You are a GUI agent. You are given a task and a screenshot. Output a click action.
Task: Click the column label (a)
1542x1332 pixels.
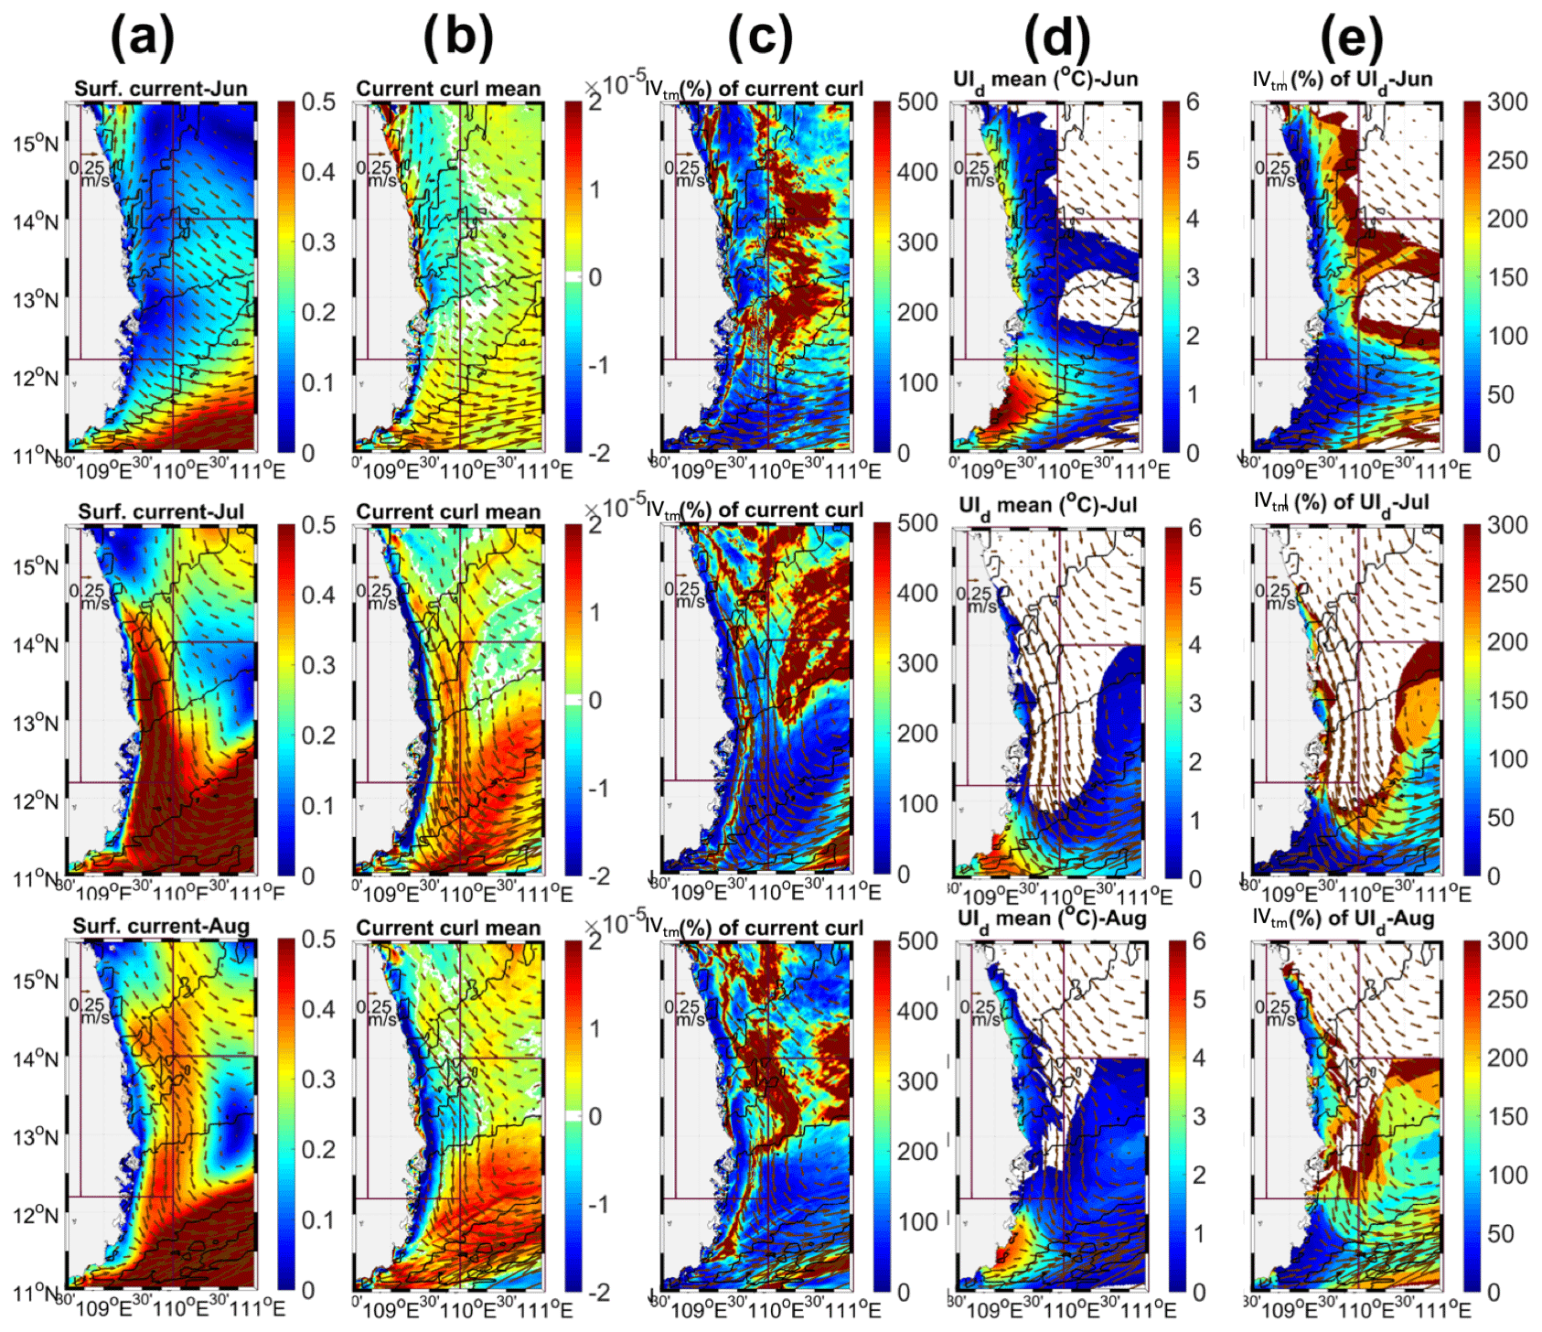[x=142, y=38]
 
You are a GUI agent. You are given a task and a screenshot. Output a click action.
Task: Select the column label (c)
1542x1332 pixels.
[x=759, y=38]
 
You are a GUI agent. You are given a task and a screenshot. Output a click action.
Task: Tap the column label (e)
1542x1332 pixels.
[x=1351, y=38]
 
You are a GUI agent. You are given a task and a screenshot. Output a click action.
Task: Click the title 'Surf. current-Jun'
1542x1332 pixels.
[x=160, y=89]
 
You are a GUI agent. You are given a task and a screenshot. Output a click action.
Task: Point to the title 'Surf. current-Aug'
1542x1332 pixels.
[x=161, y=926]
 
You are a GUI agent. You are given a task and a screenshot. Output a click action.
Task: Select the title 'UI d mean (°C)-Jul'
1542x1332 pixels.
[x=1047, y=505]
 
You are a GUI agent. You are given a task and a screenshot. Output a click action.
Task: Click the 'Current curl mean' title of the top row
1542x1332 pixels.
[x=448, y=89]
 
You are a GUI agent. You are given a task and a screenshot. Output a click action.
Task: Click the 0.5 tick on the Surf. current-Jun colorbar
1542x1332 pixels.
[x=318, y=102]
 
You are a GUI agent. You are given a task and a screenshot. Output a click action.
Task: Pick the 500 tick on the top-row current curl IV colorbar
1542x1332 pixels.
[x=916, y=102]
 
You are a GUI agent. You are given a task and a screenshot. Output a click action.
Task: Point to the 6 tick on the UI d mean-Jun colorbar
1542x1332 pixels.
[x=1193, y=102]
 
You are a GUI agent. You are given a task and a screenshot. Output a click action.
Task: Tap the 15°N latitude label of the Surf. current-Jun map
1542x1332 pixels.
[x=35, y=144]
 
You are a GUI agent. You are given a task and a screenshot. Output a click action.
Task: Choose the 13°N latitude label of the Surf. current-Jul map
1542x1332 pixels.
[x=35, y=724]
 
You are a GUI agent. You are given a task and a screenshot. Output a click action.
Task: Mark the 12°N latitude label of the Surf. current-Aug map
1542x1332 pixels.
[x=35, y=1216]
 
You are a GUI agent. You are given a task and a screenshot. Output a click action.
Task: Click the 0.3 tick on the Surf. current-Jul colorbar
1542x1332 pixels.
[x=318, y=665]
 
